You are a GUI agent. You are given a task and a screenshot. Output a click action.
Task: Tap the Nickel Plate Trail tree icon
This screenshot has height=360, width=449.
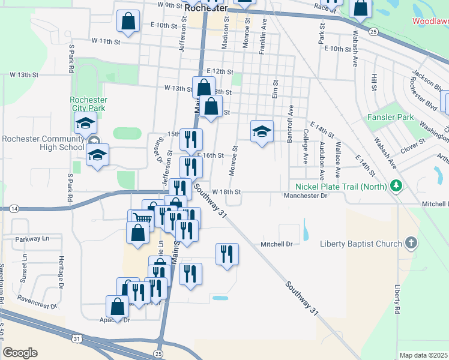pyautogui.click(x=396, y=186)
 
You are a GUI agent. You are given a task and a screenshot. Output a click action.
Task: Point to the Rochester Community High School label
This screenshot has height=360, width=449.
pyautogui.click(x=43, y=143)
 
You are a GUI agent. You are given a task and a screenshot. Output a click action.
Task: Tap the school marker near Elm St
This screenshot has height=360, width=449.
pyautogui.click(x=262, y=131)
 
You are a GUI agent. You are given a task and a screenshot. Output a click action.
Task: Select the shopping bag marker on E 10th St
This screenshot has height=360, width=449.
pyautogui.click(x=128, y=22)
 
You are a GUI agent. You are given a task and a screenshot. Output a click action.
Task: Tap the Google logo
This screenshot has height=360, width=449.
pyautogui.click(x=20, y=353)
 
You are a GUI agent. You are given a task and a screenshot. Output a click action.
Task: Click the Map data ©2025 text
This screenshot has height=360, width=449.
pyautogui.click(x=424, y=355)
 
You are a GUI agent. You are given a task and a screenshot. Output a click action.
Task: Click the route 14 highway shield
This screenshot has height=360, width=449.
pyautogui.click(x=14, y=208)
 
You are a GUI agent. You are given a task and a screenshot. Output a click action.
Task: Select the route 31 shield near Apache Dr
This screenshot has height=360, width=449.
pyautogui.click(x=76, y=339)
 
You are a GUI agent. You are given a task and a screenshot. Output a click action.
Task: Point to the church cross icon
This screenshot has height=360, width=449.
pyautogui.click(x=411, y=243)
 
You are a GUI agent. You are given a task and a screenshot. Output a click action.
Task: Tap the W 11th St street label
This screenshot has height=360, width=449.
pyautogui.click(x=106, y=41)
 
